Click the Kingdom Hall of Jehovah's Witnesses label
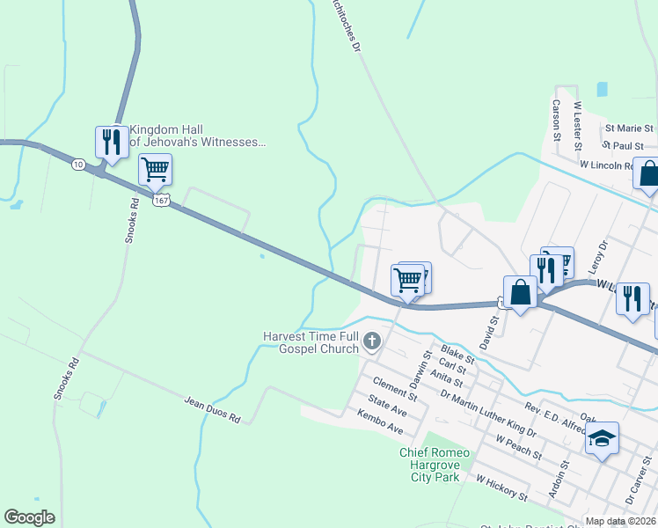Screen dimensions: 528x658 [197, 135]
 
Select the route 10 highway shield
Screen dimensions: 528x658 [78, 165]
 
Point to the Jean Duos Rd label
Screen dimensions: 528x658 [212, 410]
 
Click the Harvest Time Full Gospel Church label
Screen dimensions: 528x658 [311, 342]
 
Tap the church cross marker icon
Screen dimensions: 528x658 [372, 341]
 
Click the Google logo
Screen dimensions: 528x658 [29, 517]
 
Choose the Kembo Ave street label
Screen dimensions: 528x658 [379, 422]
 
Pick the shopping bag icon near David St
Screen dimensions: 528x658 [520, 292]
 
